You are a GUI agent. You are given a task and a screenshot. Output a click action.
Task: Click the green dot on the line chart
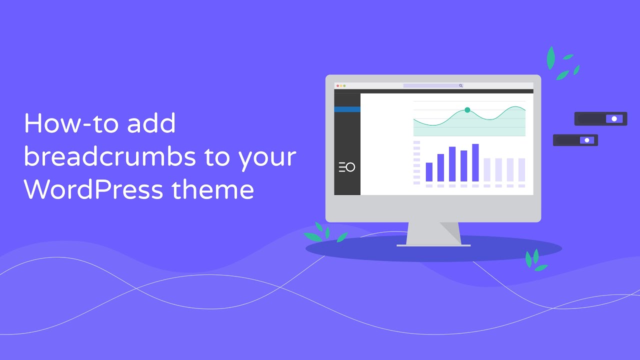click(467, 110)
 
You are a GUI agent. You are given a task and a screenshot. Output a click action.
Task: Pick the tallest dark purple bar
click(475, 162)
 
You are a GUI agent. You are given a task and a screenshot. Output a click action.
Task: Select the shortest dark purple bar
click(429, 172)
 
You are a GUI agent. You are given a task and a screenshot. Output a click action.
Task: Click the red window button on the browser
click(337, 85)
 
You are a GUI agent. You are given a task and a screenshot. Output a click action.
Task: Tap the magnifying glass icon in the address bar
click(460, 85)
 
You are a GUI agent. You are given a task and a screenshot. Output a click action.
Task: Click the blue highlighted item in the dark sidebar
click(347, 109)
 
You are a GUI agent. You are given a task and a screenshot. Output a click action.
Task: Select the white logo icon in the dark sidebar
click(347, 167)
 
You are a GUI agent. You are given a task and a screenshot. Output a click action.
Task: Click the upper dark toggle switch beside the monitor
click(601, 119)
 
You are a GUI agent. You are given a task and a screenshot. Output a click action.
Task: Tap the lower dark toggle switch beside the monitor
click(575, 140)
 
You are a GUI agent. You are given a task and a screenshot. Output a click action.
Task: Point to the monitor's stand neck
click(433, 233)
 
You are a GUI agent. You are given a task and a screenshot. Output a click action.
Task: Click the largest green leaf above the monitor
click(551, 58)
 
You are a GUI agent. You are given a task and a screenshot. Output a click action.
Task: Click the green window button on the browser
click(344, 85)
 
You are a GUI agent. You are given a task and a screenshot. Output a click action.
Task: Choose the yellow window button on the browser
click(341, 85)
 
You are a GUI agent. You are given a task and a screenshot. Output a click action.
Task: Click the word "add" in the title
click(151, 123)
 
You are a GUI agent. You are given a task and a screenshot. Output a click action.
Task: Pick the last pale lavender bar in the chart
click(521, 169)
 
